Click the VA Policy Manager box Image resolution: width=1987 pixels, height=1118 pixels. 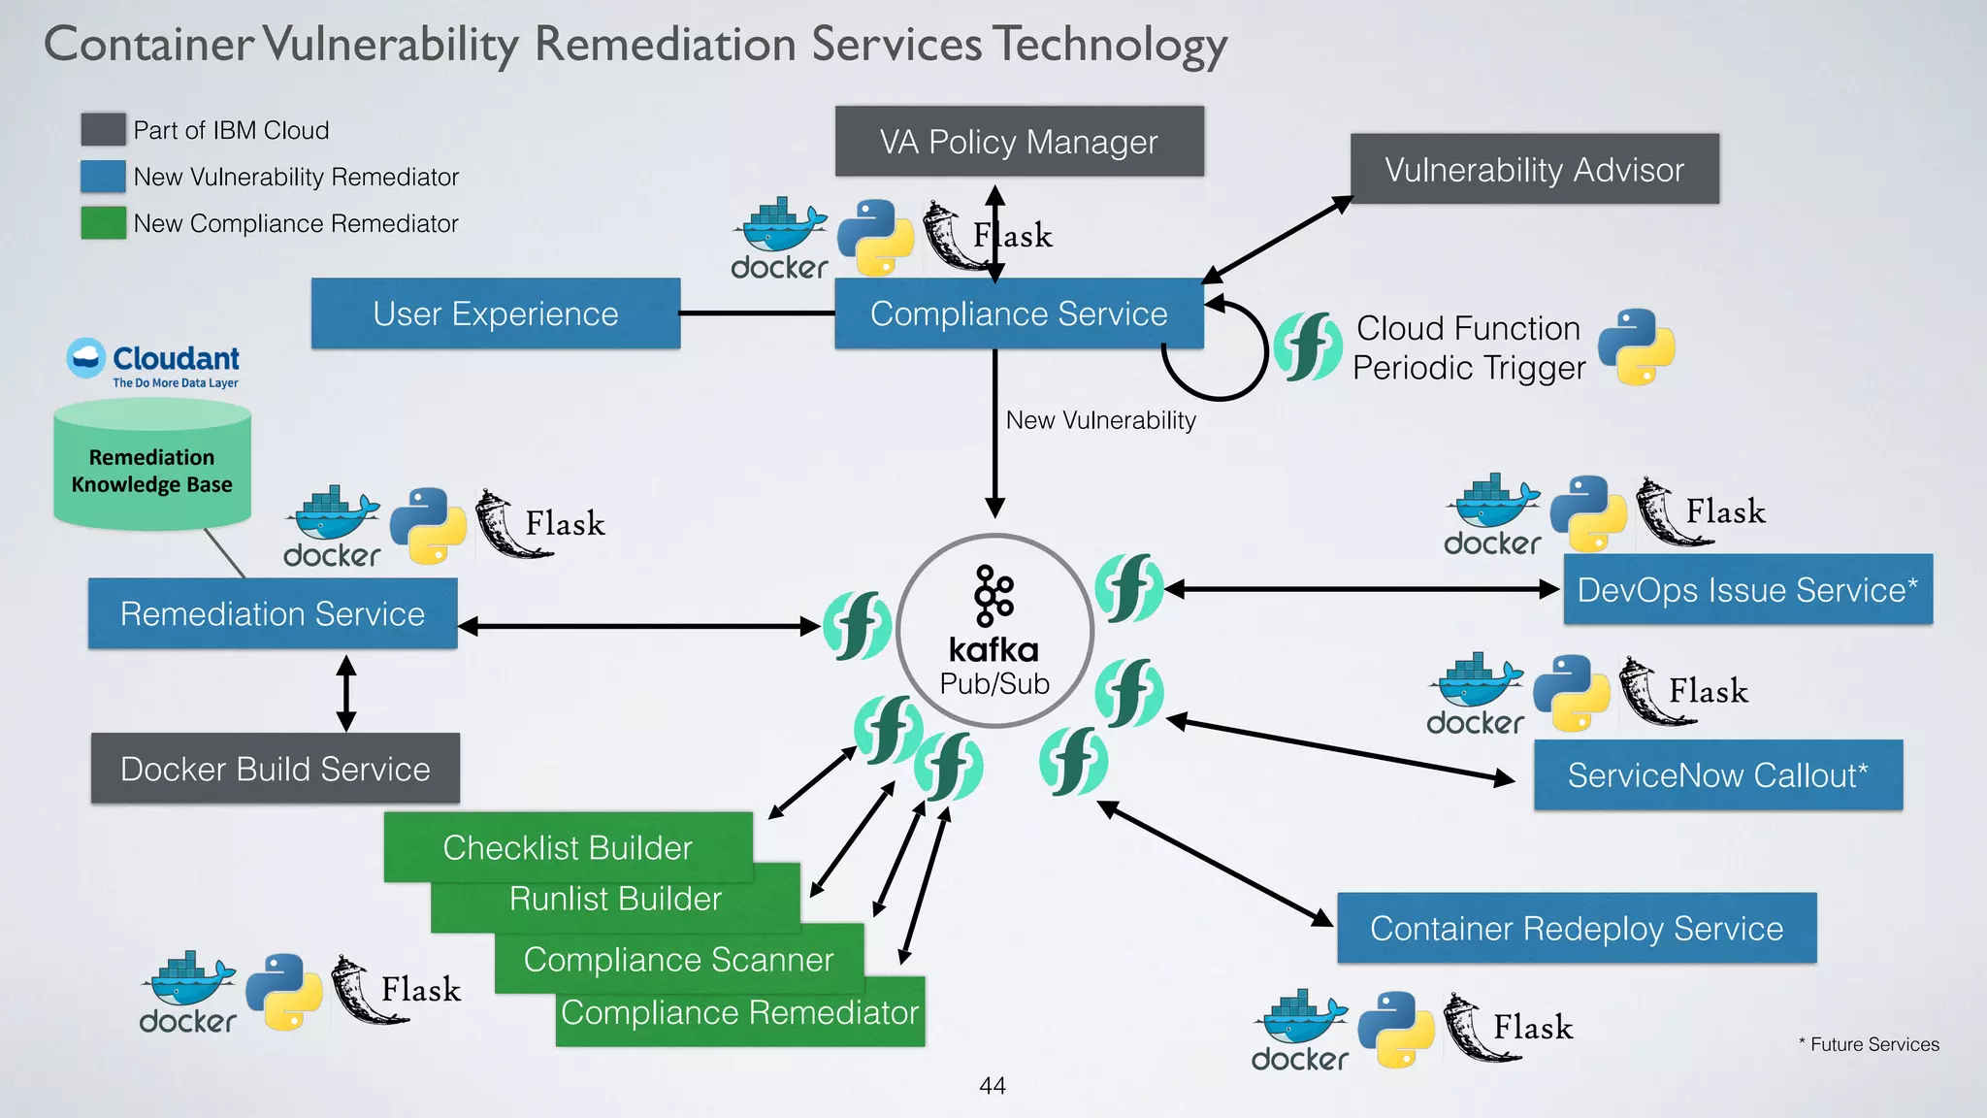1019,142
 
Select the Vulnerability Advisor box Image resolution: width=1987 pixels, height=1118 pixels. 1534,170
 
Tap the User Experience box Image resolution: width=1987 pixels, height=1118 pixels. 495,313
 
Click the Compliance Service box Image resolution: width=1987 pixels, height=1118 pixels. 1019,313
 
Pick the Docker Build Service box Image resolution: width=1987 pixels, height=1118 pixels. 275,769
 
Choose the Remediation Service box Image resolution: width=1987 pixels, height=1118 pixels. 272,613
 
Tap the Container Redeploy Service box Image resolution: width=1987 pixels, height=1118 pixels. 1576,928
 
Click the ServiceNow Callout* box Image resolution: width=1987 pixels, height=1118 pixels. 1717,775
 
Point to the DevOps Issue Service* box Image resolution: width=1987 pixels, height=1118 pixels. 1747,589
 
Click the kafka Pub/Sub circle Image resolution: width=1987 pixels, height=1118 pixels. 994,631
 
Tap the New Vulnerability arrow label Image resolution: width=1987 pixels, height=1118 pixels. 1100,420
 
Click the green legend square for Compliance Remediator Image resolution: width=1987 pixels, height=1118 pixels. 103,223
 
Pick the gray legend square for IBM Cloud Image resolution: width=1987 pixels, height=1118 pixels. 103,130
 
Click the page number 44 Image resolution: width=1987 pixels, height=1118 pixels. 993,1086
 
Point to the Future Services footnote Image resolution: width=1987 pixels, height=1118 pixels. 1869,1044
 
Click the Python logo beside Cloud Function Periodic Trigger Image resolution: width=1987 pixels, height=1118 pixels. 1636,346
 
